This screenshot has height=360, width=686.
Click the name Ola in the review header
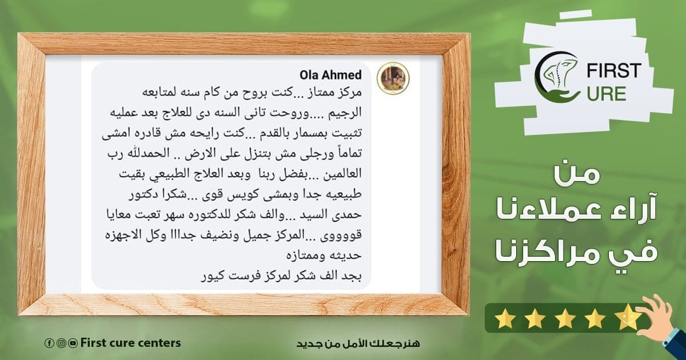(x=309, y=75)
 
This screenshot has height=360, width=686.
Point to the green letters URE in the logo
(x=606, y=94)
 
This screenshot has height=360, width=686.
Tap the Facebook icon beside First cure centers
(x=49, y=343)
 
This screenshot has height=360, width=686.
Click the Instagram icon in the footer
(x=61, y=343)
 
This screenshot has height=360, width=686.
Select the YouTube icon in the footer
(x=73, y=343)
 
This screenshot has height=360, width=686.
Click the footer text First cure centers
(x=130, y=343)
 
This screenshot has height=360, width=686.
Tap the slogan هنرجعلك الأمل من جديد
(x=358, y=343)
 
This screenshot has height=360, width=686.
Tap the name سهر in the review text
(x=178, y=214)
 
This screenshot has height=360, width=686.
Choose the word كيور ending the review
(x=212, y=277)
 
